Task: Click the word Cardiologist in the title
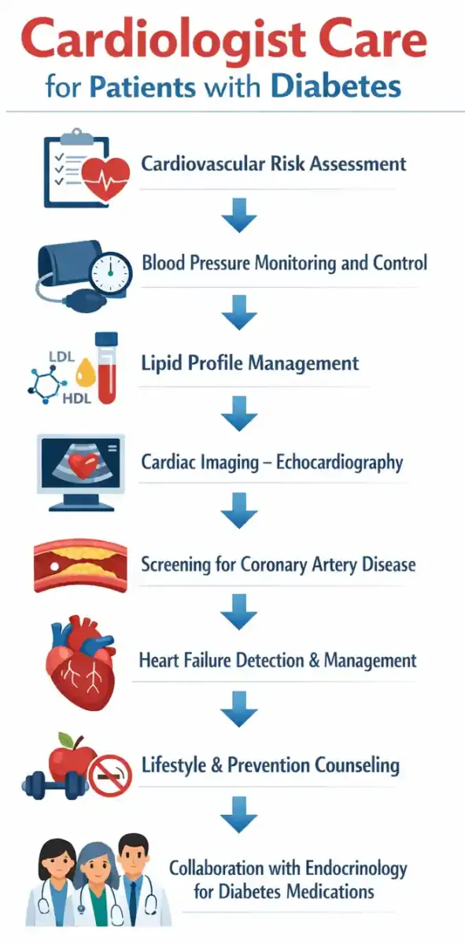pos(164,41)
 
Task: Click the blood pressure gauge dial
pos(110,273)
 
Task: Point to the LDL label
pos(61,357)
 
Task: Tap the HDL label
pos(77,398)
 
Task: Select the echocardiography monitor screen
pos(81,463)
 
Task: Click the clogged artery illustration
pos(81,564)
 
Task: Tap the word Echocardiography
pos(339,463)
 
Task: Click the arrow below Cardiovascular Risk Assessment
pos(239,215)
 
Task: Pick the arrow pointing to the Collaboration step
pos(239,816)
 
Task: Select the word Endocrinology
pos(356,869)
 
